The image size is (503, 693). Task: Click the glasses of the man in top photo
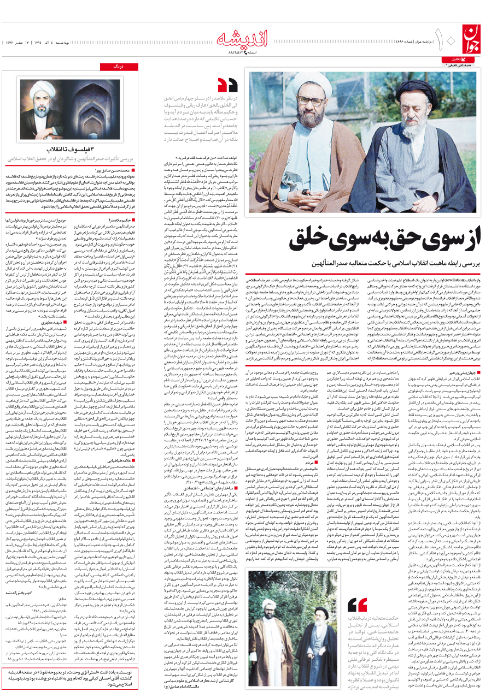312,102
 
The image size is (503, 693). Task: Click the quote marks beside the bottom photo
357,589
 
